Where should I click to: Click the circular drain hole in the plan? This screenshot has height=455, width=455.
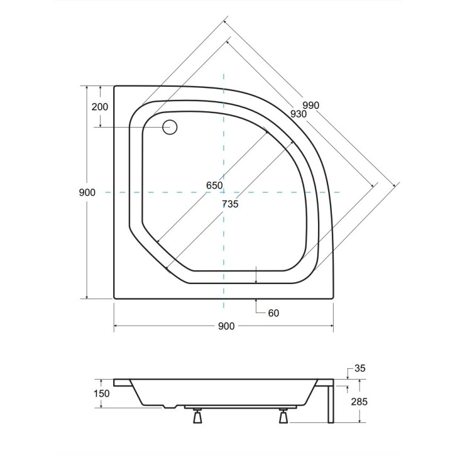click(x=170, y=128)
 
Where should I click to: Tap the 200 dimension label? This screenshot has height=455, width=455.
click(x=99, y=107)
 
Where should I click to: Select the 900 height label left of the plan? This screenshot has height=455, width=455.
click(x=88, y=192)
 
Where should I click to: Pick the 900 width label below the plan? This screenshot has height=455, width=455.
click(x=226, y=326)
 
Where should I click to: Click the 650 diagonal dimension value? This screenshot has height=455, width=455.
click(x=214, y=185)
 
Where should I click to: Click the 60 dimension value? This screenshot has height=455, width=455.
click(x=272, y=313)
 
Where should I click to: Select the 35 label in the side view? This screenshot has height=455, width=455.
click(x=359, y=369)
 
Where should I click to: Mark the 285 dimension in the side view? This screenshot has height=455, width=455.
click(x=359, y=402)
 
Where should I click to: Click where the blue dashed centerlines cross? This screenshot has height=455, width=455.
click(x=224, y=192)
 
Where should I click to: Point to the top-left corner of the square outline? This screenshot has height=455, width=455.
click(x=114, y=86)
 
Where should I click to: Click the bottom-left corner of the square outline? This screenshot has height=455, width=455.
click(x=114, y=298)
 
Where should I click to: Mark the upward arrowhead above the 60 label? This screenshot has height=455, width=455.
click(x=257, y=301)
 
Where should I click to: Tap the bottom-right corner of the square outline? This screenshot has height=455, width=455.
click(x=333, y=298)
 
